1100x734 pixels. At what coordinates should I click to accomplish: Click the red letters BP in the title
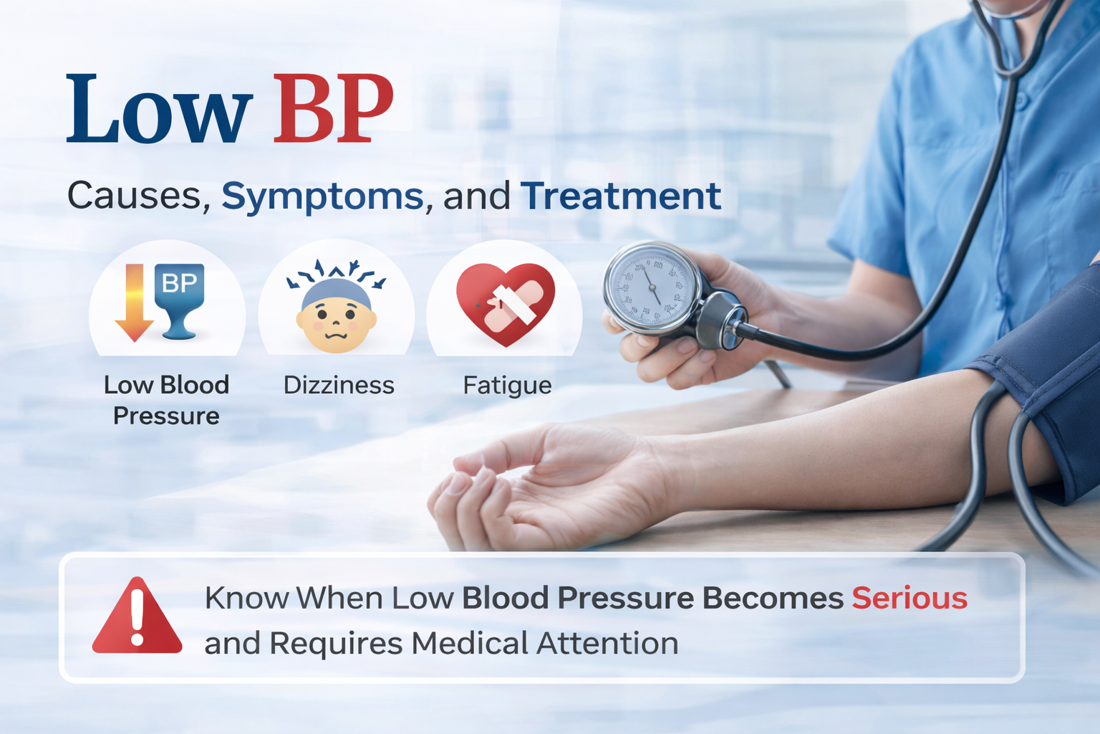(333, 109)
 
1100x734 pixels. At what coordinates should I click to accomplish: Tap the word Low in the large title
(159, 109)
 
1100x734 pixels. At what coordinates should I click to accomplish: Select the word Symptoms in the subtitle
(322, 196)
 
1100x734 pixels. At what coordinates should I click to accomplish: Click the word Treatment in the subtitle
(620, 196)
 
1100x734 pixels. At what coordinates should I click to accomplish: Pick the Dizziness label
(339, 386)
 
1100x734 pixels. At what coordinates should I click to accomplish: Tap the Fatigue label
(507, 386)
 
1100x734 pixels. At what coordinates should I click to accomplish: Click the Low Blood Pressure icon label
(166, 400)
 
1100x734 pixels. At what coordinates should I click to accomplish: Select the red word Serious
(910, 598)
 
